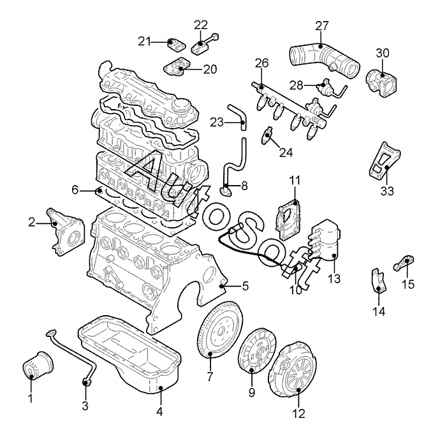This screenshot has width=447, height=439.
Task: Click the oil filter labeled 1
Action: tap(38, 366)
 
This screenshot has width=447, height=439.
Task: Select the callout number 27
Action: tap(322, 26)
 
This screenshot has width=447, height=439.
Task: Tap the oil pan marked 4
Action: tap(129, 354)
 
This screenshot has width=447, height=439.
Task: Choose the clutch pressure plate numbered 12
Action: tap(292, 370)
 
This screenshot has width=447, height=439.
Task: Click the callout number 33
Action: tap(387, 191)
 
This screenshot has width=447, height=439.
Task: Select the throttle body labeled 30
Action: tap(381, 82)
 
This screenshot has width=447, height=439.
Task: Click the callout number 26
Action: tap(261, 63)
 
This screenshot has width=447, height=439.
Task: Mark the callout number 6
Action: tap(75, 190)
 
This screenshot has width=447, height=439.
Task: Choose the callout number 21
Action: tap(144, 41)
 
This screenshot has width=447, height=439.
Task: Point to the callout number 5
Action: tap(245, 286)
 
